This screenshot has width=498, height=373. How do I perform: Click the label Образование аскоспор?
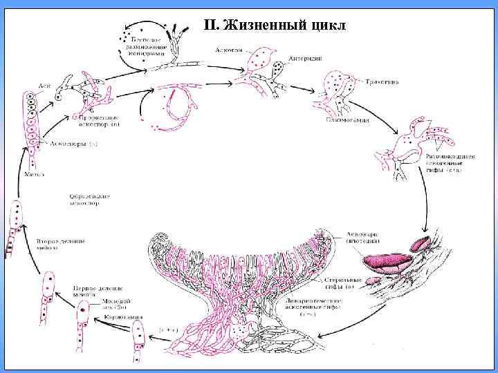(x=89, y=200)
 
